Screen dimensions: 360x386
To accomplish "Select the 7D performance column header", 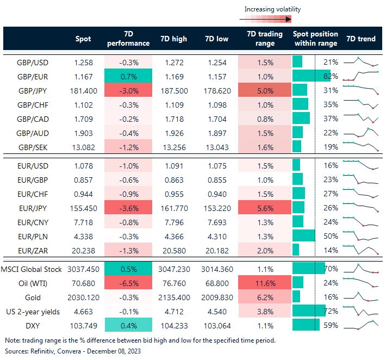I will [x=128, y=39].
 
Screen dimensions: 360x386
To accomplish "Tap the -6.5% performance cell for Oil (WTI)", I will [x=128, y=283].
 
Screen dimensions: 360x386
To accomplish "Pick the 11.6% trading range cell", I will [x=264, y=283].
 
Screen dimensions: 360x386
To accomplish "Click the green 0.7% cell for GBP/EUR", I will [x=128, y=76].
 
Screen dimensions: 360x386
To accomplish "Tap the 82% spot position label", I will [x=331, y=76].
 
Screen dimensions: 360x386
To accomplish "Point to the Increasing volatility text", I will [x=272, y=9].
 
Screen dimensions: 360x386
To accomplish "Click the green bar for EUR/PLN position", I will [x=303, y=235].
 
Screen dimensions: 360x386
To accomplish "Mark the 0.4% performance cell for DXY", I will [x=128, y=326].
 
